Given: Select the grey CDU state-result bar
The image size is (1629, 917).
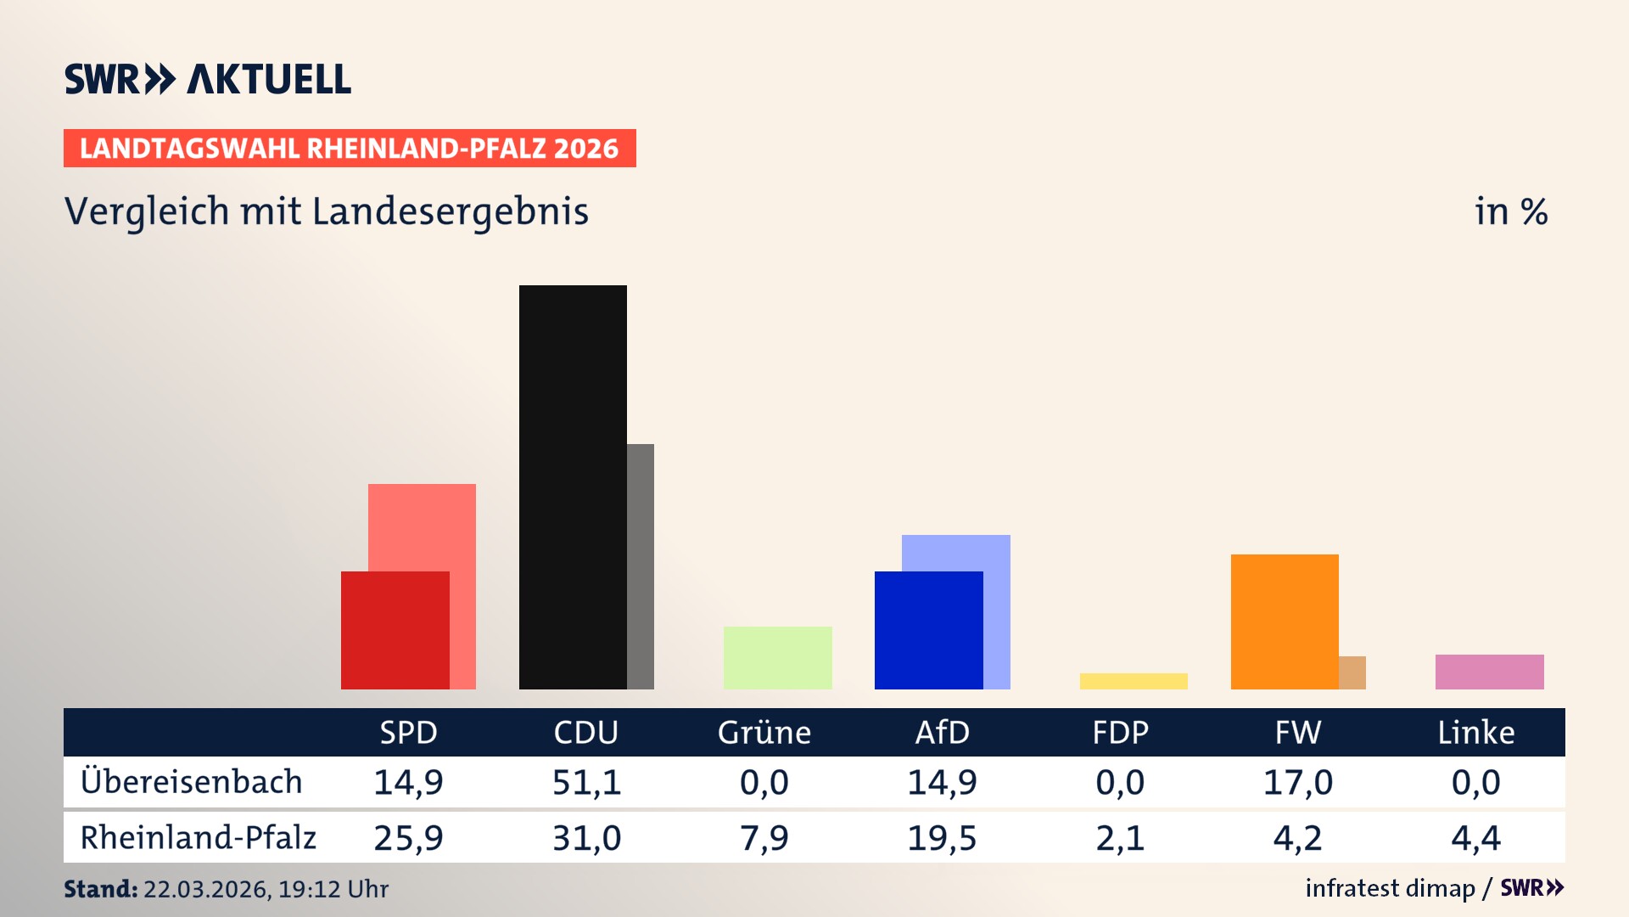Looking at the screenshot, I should coord(641,566).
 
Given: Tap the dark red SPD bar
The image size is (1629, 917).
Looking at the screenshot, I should coord(395,630).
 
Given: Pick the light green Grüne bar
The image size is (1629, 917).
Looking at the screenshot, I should coord(777,657).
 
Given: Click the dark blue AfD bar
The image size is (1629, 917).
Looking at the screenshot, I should coord(928,630).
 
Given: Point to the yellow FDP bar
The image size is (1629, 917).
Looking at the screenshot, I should coord(1134,681).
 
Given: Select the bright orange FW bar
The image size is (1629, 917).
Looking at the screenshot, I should coord(1285,622).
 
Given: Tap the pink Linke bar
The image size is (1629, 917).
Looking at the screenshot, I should coord(1489,672).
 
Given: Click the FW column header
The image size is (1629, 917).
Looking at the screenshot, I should coord(1297,733).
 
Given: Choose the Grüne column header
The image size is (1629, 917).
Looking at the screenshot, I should coord(764,733).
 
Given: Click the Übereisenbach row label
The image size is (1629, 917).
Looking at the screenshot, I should coord(191,782).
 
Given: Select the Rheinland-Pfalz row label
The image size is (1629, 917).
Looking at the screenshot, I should coord(198,838).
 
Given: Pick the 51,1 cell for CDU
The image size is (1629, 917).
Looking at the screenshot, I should coord(586,782).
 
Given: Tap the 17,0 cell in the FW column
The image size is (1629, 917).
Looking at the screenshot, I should coord(1297,782).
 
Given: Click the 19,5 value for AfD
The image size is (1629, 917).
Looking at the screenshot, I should coord(942,838).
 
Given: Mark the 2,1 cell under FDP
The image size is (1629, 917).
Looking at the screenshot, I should coord(1120,838).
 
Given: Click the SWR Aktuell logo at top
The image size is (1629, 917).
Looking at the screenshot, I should coord(208,79).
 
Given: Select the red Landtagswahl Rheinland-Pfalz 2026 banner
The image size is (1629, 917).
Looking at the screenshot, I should coord(350,149).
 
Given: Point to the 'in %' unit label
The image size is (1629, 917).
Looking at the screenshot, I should coord(1510,211).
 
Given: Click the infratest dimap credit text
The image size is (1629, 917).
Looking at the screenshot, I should coord(1390,888).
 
